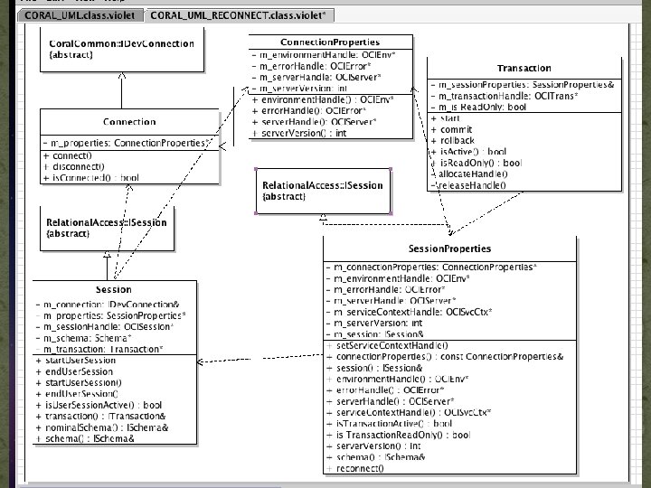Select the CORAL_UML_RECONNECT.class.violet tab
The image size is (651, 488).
241,15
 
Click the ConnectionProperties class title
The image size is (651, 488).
330,42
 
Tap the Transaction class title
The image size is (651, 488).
524,68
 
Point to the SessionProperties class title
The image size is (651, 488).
449,249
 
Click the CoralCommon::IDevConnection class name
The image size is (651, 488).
120,43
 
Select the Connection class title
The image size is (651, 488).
129,121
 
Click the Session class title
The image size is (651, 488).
113,289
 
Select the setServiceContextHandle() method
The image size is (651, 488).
391,345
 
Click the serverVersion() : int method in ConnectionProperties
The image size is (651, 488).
303,133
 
